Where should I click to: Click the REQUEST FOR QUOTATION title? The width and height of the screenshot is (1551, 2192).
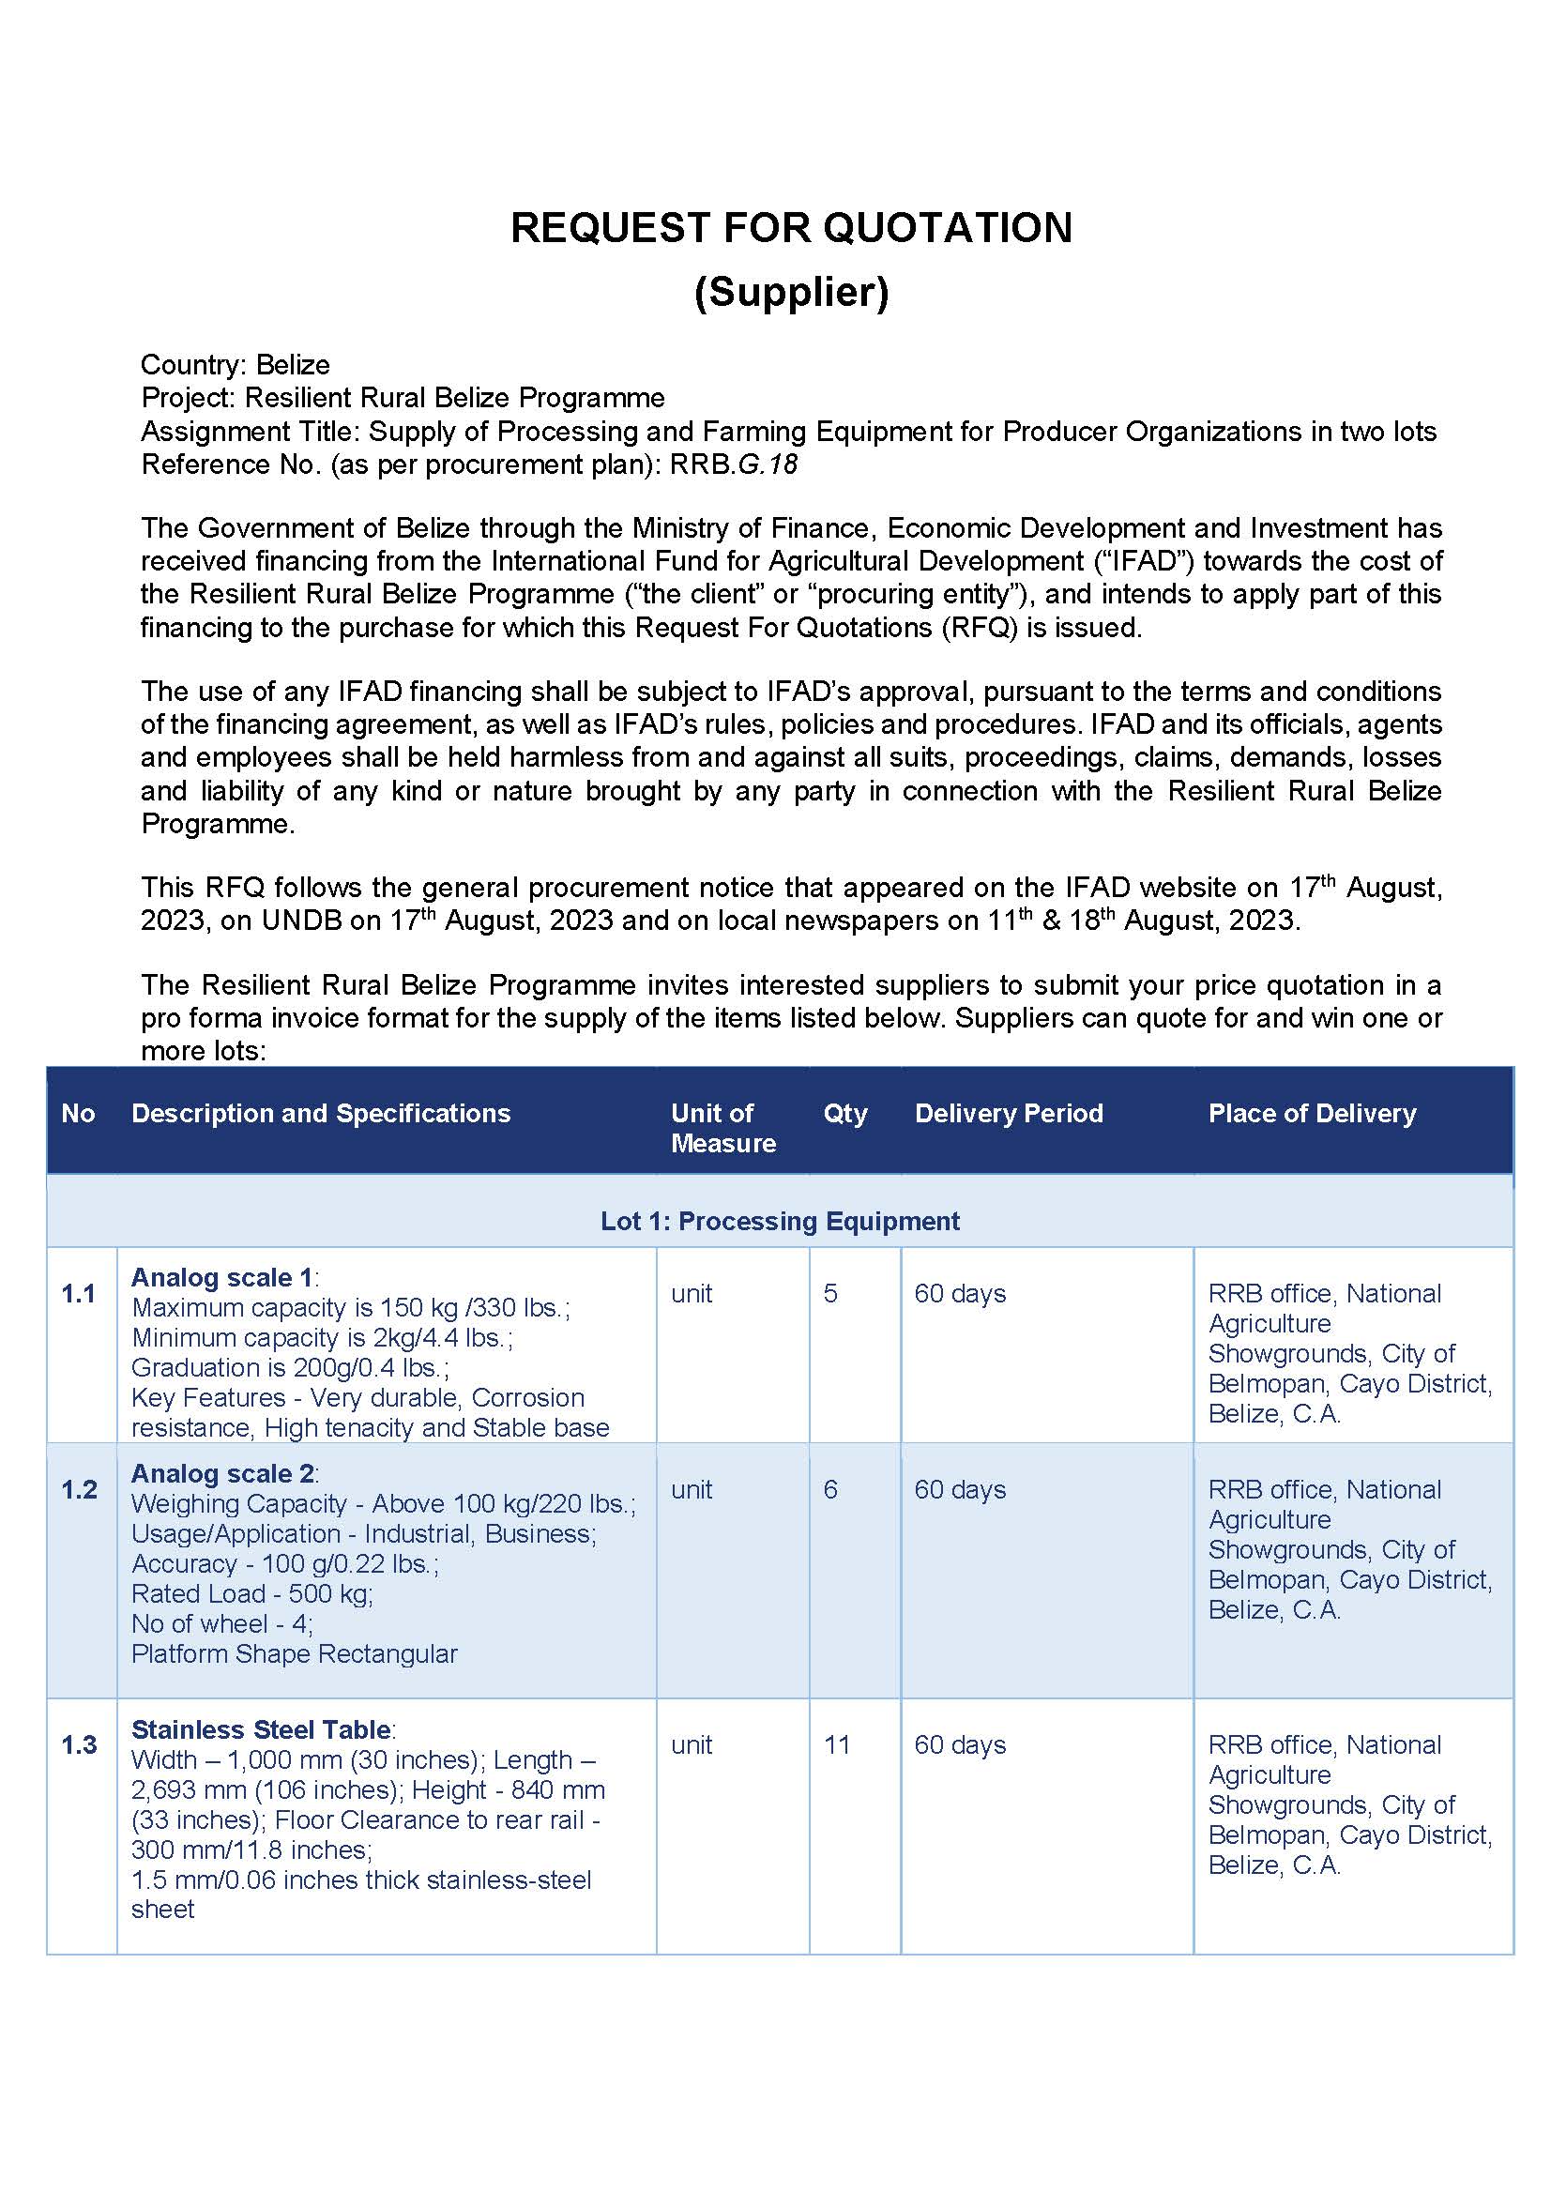point(791,228)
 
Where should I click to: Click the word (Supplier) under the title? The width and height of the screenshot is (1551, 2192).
point(791,291)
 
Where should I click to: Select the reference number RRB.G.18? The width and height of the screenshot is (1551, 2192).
point(733,464)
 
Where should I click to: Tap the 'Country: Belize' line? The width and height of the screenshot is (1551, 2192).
point(235,365)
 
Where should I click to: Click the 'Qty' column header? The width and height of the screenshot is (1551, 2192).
point(844,1113)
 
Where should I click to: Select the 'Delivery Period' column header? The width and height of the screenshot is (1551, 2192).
point(1008,1113)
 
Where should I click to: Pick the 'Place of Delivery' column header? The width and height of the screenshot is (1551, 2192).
point(1312,1113)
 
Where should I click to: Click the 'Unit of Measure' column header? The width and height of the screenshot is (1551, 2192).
point(722,1127)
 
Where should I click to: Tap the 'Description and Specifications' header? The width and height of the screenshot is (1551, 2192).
point(321,1113)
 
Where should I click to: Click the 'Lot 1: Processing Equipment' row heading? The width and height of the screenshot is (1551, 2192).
point(780,1221)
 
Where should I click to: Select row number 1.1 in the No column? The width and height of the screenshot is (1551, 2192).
point(78,1293)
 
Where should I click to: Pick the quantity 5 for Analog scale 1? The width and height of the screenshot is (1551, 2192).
point(830,1293)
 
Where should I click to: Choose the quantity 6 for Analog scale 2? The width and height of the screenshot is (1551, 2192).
point(830,1489)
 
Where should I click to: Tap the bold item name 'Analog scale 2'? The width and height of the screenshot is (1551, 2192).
point(221,1473)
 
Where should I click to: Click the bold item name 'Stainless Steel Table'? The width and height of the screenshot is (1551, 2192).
point(261,1728)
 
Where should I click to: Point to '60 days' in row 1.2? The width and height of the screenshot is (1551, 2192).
point(960,1489)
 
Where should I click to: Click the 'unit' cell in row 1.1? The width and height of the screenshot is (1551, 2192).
point(692,1293)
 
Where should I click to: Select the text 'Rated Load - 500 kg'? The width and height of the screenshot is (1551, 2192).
point(251,1593)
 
